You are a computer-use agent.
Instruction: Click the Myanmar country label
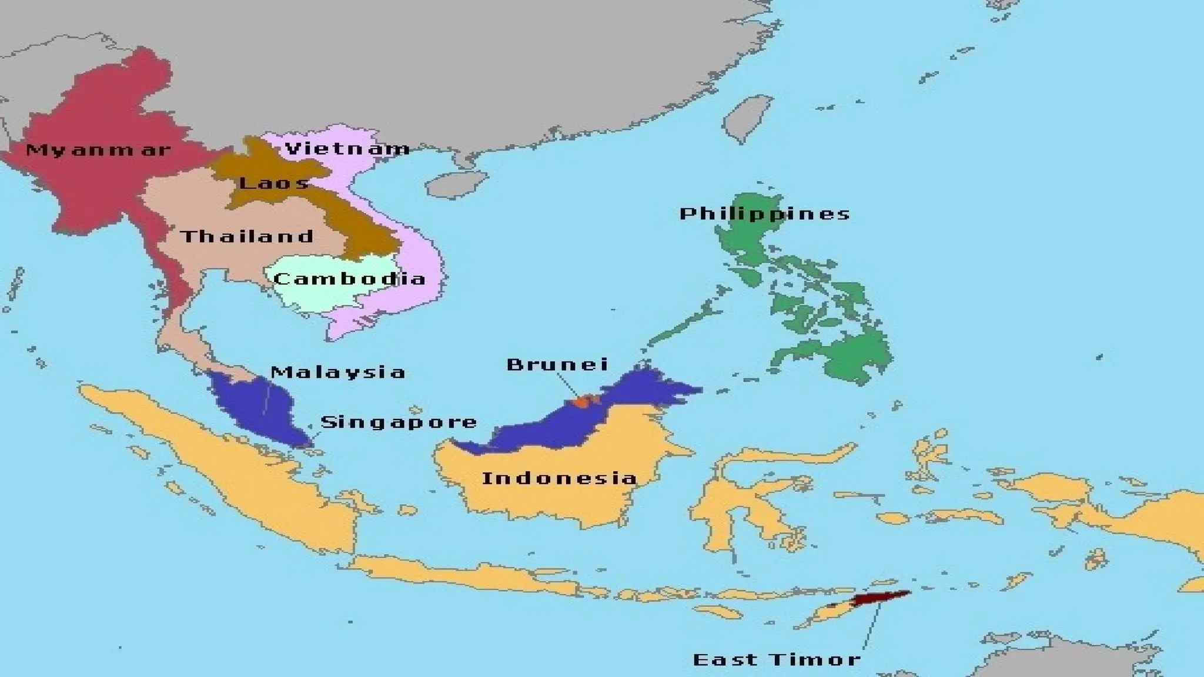pyautogui.click(x=98, y=150)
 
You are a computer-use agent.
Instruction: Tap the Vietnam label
pyautogui.click(x=347, y=148)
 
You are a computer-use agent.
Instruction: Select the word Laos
pyautogui.click(x=274, y=183)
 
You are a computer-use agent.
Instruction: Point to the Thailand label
pyautogui.click(x=247, y=237)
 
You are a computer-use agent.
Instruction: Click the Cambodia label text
pyautogui.click(x=349, y=278)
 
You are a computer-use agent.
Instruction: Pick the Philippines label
pyautogui.click(x=765, y=213)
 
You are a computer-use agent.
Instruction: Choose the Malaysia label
pyautogui.click(x=338, y=372)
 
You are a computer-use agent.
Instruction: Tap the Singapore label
pyautogui.click(x=399, y=422)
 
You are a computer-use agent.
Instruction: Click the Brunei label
pyautogui.click(x=557, y=364)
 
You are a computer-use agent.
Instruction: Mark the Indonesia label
pyautogui.click(x=559, y=478)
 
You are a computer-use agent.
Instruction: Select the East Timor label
pyautogui.click(x=777, y=659)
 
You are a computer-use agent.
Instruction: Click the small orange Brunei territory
pyautogui.click(x=582, y=402)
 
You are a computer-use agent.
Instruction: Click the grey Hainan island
pyautogui.click(x=456, y=185)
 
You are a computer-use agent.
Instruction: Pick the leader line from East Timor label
pyautogui.click(x=871, y=626)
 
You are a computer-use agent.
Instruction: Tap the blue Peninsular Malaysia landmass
pyautogui.click(x=259, y=405)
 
